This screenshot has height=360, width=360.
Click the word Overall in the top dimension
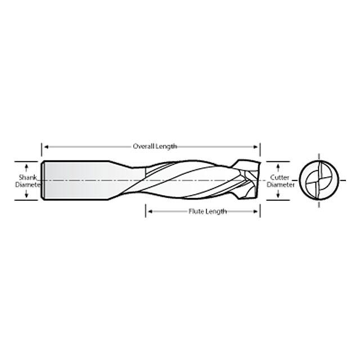pyautogui.click(x=143, y=146)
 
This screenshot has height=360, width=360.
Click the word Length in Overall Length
pyautogui.click(x=166, y=146)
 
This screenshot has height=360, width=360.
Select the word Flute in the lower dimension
pyautogui.click(x=196, y=211)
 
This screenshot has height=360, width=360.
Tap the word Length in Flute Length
pyautogui.click(x=216, y=211)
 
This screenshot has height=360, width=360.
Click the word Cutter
pyautogui.click(x=280, y=176)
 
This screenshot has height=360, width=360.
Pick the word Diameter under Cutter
pyautogui.click(x=280, y=184)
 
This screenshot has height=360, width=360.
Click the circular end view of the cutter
pyautogui.click(x=319, y=181)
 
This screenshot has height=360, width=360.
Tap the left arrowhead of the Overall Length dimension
pyautogui.click(x=45, y=146)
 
